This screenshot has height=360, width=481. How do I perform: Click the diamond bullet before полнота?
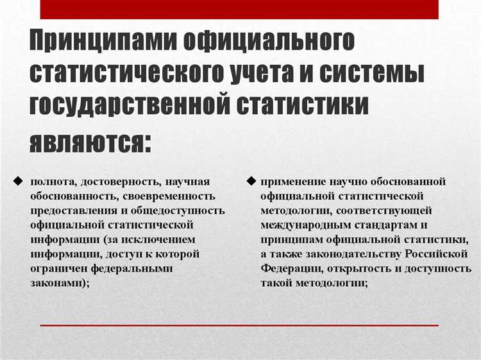[x=17, y=180]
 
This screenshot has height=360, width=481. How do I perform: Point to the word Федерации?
[x=288, y=269]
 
